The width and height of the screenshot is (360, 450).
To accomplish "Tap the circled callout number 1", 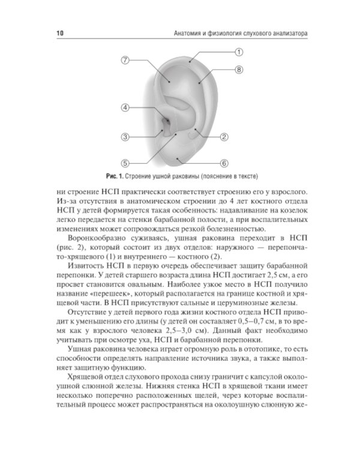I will pyautogui.click(x=238, y=52).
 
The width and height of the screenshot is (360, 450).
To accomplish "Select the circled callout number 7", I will pyautogui.click(x=125, y=60).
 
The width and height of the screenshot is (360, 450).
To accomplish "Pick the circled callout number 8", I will pyautogui.click(x=238, y=70).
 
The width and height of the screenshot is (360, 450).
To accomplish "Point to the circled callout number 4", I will pyautogui.click(x=125, y=107).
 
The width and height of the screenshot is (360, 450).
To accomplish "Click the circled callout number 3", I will pyautogui.click(x=125, y=137).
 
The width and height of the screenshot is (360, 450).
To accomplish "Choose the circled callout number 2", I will pyautogui.click(x=224, y=137).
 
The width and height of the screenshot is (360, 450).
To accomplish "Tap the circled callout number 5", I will pyautogui.click(x=125, y=163).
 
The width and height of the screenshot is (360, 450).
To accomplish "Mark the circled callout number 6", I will pyautogui.click(x=223, y=163).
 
